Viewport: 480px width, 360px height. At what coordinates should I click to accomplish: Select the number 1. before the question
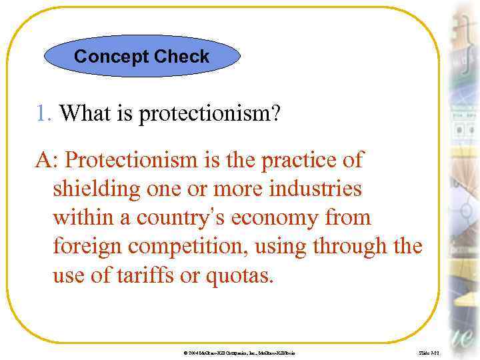coord(44,114)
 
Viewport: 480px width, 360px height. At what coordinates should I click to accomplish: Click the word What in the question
coord(87,114)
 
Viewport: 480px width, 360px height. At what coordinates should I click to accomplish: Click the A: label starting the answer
coord(48,161)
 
